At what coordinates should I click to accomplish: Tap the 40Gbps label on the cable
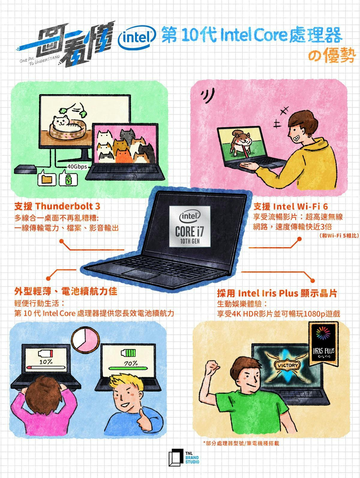(x=77, y=167)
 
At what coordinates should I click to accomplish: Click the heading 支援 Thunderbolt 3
(x=57, y=206)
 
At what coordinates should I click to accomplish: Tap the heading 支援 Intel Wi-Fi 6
(x=290, y=206)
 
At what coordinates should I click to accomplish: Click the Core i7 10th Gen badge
(x=189, y=226)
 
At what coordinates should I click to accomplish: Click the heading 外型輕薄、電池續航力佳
(x=66, y=291)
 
